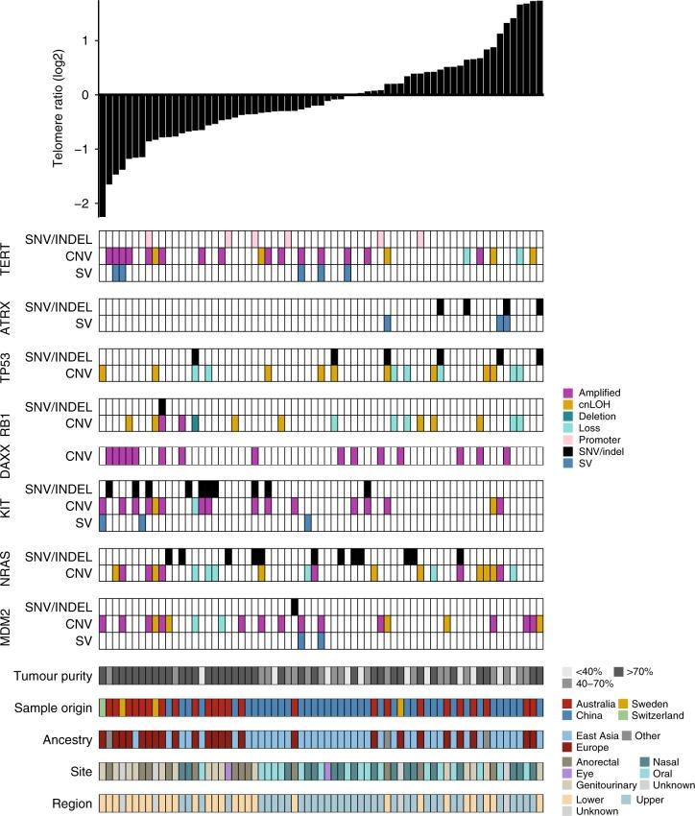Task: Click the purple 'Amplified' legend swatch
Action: [567, 393]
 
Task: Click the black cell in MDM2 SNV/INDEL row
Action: [295, 606]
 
